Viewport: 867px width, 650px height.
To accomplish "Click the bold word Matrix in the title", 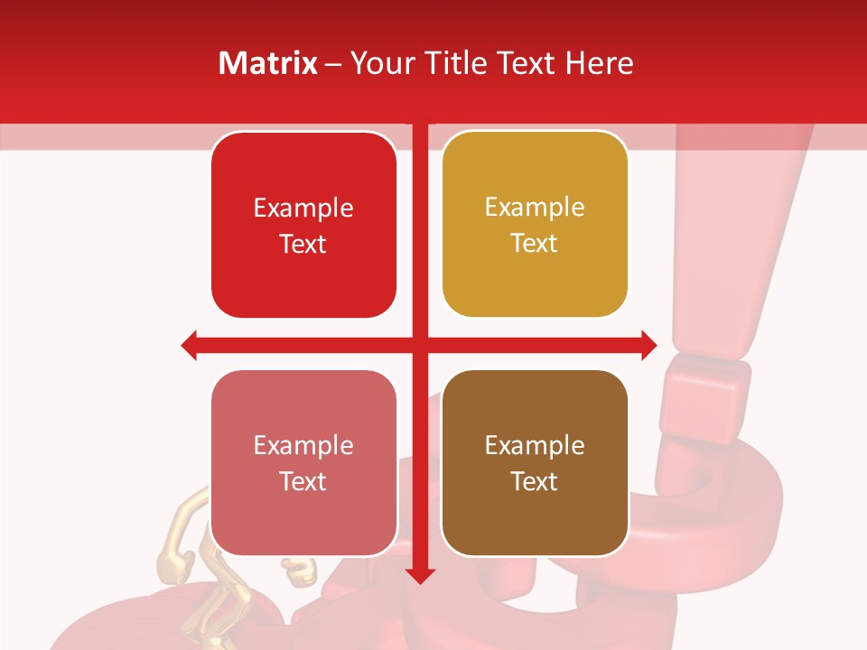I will (x=268, y=63).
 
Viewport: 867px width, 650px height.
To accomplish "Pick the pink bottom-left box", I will (x=303, y=524).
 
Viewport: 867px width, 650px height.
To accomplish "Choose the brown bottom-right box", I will (x=535, y=524).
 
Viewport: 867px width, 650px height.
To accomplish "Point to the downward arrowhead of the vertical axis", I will (x=419, y=575).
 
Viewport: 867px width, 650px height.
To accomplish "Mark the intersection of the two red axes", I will (x=419, y=345).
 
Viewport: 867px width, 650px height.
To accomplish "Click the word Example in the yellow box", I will (x=535, y=208).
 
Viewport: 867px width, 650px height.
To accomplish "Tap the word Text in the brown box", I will (x=535, y=481).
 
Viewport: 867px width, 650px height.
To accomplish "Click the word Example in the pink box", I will (x=303, y=445).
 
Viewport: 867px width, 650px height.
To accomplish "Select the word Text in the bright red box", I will (x=303, y=244).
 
